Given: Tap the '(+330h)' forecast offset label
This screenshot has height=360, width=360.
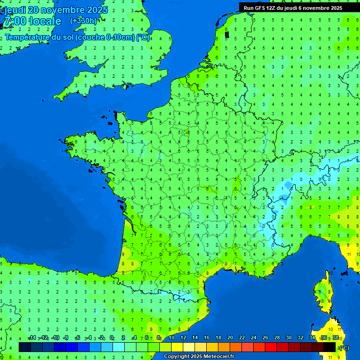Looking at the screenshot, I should tap(83, 21).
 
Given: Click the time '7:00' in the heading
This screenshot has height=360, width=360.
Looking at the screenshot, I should tap(14, 21).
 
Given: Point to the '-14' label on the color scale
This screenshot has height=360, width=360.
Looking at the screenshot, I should tap(32, 338).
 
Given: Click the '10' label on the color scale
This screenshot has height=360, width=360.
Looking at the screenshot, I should tap(172, 338).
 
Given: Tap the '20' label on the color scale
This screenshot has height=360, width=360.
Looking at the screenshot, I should tap(230, 338).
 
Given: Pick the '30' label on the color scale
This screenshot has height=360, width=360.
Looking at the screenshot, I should tap(288, 338).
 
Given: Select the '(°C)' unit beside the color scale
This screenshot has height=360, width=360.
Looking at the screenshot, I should tap(344, 347).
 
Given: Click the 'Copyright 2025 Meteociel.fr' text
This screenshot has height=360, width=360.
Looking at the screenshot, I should tap(199, 357).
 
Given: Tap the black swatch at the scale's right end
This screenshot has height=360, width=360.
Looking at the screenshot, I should tap(330, 347).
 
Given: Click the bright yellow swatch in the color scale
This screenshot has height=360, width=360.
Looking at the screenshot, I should tap(177, 347).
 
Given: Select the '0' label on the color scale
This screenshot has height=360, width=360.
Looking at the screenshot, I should tap(112, 338).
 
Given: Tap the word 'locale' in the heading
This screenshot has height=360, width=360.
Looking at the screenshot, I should tap(45, 21).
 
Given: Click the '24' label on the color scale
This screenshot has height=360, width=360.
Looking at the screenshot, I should tap(253, 338).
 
